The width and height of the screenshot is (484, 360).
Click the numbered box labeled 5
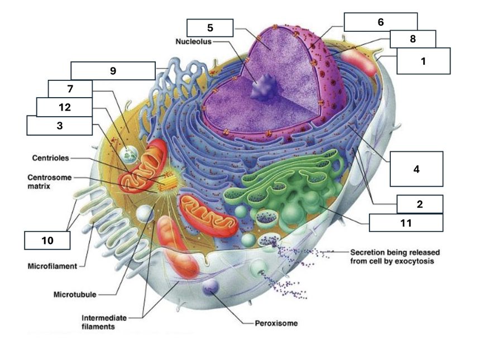click(x=210, y=27)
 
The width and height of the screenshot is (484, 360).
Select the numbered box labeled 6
click(x=380, y=22)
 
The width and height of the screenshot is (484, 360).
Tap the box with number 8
click(x=413, y=39)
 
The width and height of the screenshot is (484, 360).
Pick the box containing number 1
click(x=423, y=61)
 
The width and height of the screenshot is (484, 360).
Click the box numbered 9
click(x=112, y=70)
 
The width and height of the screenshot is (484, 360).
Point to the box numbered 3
click(x=59, y=126)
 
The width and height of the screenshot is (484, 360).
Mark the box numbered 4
click(x=416, y=168)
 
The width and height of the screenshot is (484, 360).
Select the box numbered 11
click(x=406, y=223)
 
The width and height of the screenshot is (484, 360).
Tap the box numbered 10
click(x=47, y=241)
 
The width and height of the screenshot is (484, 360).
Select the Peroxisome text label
click(x=276, y=323)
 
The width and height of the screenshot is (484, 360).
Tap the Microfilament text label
click(x=52, y=266)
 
